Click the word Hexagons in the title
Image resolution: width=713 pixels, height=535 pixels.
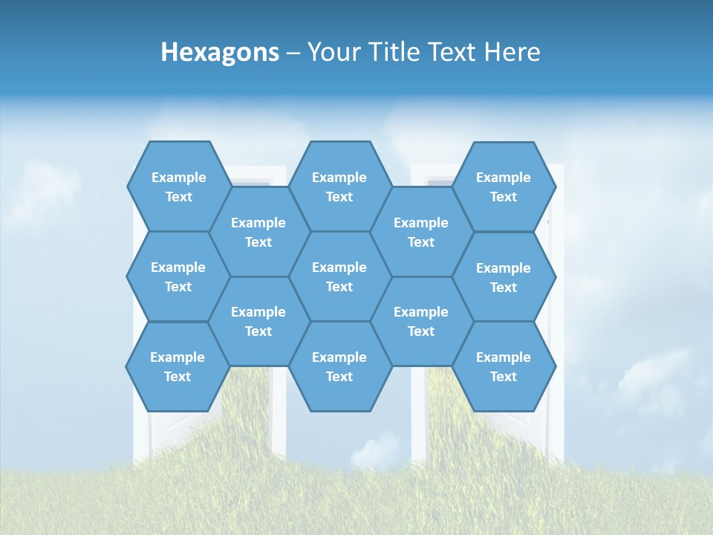point(220,52)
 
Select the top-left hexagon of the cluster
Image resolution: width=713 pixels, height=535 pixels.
point(178,187)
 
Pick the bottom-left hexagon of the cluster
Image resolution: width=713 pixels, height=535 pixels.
point(178,366)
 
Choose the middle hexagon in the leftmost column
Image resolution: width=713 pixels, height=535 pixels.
point(178,276)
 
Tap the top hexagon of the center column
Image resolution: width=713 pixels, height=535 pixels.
point(339,187)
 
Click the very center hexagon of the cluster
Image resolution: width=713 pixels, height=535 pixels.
point(339,276)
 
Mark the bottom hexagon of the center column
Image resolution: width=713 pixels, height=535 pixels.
point(339,366)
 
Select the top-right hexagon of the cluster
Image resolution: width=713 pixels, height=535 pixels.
point(504,187)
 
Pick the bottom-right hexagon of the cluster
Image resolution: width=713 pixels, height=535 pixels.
point(504,366)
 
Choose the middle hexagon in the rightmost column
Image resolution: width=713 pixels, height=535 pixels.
point(504,277)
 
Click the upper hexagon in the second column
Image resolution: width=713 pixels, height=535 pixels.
point(258,232)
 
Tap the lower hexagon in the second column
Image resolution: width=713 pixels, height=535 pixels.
point(258,321)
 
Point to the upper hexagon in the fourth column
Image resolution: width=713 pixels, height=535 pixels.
point(421,232)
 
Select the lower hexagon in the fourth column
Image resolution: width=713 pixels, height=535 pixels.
point(421,321)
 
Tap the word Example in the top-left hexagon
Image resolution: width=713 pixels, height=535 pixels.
point(178,178)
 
